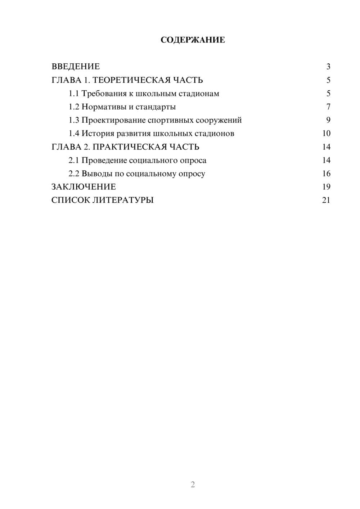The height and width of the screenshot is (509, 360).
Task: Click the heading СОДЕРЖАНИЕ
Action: point(193,40)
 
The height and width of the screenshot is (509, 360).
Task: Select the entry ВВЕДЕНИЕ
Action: point(76,67)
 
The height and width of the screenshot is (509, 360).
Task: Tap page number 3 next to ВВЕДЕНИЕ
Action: point(328,67)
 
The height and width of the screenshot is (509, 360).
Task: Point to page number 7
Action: point(328,107)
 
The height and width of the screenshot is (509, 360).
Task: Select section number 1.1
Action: point(73,94)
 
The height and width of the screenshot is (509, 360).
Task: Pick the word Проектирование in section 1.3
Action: point(113,120)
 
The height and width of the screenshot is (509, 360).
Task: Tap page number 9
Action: point(328,120)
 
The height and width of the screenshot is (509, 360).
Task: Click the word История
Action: point(98,134)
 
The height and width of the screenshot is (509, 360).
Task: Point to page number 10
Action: point(326,134)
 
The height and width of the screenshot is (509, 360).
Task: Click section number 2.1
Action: point(73,160)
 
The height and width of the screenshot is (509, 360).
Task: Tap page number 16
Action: point(326,174)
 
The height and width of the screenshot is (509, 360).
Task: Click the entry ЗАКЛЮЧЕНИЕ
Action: point(84,187)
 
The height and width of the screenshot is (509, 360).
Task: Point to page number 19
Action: point(326,187)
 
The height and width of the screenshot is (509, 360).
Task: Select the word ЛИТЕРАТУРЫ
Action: point(123,200)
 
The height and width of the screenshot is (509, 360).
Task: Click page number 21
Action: point(326,200)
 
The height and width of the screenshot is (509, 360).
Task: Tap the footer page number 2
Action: point(193,485)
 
